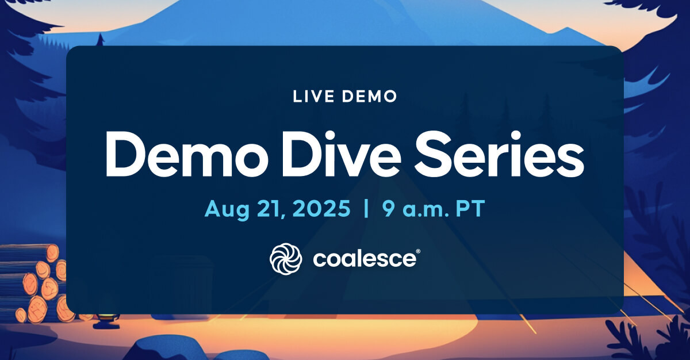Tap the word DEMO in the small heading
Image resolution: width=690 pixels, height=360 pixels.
point(369,97)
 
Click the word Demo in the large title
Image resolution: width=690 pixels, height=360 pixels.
point(187,155)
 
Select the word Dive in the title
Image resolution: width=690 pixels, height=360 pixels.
point(342,154)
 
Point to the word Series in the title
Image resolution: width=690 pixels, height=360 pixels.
point(499,154)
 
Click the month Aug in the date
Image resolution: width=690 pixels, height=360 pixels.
point(227,209)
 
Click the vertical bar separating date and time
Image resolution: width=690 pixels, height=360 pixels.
point(366,209)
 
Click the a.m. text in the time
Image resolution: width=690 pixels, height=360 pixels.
point(425,210)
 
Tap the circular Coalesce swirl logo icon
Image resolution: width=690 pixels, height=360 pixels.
point(286,259)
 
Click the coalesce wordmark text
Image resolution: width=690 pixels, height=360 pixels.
point(364,259)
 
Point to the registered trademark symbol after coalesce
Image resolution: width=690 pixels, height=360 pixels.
point(418,251)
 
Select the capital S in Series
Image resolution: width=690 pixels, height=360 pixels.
point(434,154)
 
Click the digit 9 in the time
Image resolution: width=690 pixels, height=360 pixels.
point(389,209)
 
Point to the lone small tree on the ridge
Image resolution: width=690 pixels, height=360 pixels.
point(101,40)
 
